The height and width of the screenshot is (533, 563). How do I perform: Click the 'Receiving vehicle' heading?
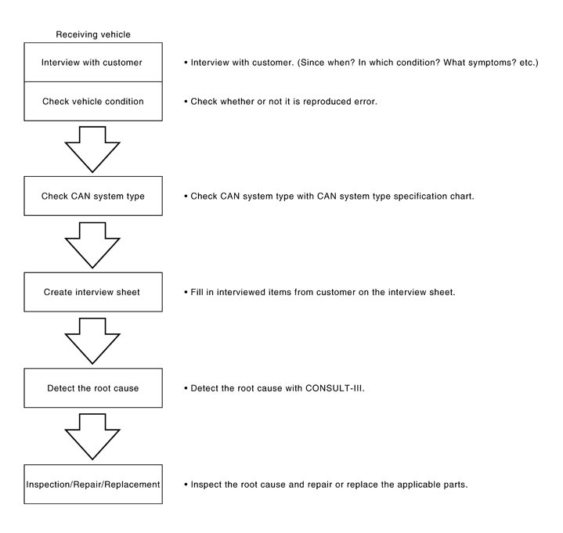click(x=93, y=34)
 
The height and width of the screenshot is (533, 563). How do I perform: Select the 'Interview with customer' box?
click(x=93, y=63)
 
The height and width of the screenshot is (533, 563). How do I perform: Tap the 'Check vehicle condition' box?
click(x=93, y=101)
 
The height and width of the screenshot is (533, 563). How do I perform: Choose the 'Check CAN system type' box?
click(x=93, y=196)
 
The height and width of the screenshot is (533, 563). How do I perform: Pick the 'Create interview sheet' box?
click(x=93, y=292)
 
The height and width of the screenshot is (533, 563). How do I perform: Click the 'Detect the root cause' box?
click(x=93, y=388)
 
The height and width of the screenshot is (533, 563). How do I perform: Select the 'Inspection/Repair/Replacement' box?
click(x=93, y=484)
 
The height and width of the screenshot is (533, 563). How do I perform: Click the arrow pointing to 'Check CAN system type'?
click(x=92, y=149)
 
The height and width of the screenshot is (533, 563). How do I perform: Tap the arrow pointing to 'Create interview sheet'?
click(x=92, y=245)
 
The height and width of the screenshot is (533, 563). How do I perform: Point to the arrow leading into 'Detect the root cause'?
click(x=92, y=341)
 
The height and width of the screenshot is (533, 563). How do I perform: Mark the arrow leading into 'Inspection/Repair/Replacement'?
click(x=92, y=437)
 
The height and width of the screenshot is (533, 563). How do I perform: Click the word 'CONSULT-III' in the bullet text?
click(x=334, y=388)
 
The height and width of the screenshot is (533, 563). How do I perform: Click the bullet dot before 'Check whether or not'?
click(x=186, y=102)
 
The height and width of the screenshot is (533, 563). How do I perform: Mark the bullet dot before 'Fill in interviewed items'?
click(x=186, y=292)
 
